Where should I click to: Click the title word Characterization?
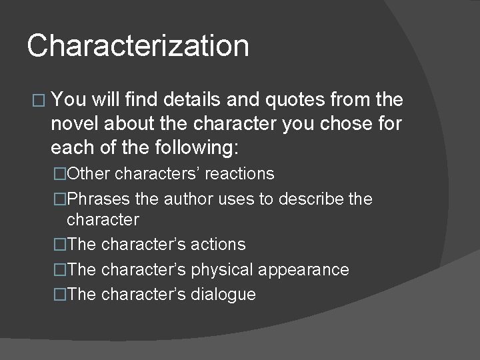click(x=138, y=47)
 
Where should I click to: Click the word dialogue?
click(x=224, y=294)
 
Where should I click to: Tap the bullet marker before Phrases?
click(x=61, y=199)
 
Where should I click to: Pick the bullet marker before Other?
click(x=61, y=174)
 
